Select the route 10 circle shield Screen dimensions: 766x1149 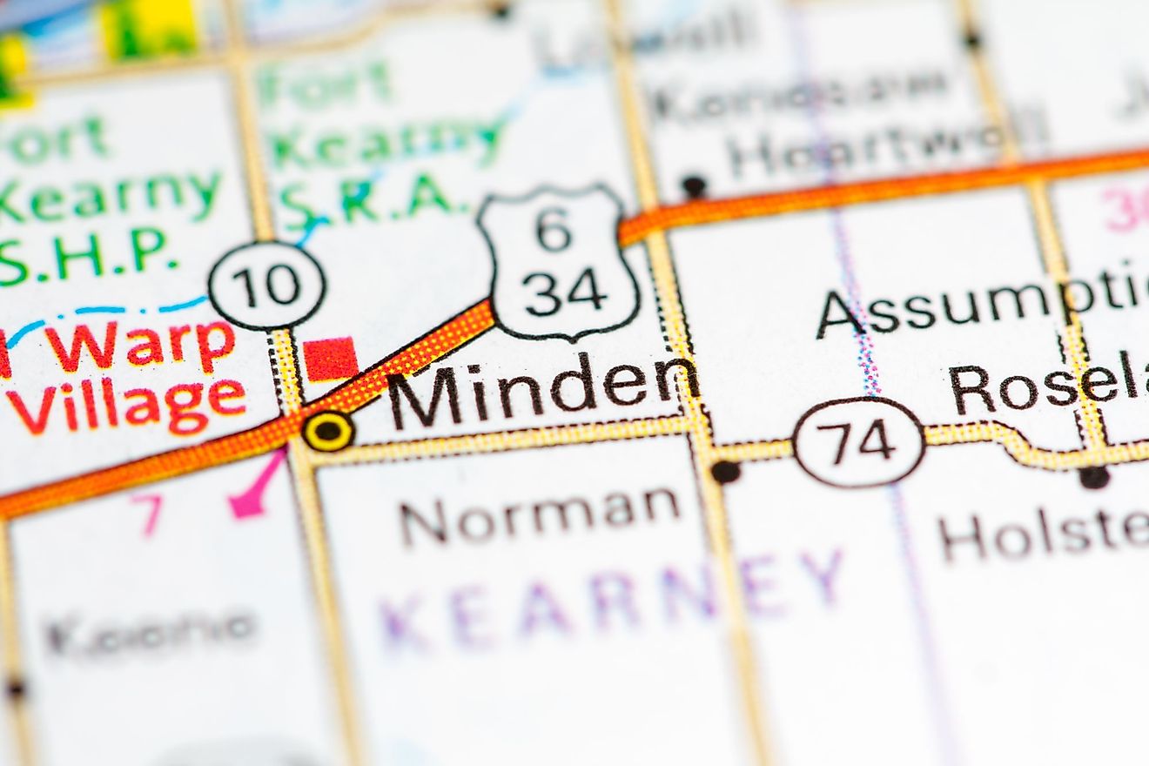[267, 285]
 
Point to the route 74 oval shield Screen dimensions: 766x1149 [859, 442]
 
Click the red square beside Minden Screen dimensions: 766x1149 [331, 359]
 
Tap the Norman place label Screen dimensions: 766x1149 [540, 514]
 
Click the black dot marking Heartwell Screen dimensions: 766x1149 [694, 185]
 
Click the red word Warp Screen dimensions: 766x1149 [140, 346]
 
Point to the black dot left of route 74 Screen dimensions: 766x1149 [724, 472]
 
